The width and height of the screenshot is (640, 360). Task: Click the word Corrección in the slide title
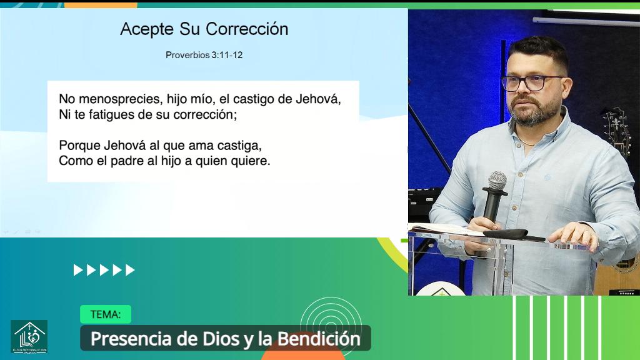pos(247,29)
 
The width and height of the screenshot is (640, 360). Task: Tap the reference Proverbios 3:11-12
pos(204,55)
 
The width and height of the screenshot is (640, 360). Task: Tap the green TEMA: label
pos(105,314)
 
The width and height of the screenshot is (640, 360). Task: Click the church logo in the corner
pos(29,336)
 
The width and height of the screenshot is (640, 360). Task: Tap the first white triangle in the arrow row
pos(77,270)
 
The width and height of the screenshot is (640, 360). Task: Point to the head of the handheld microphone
pos(497,181)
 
